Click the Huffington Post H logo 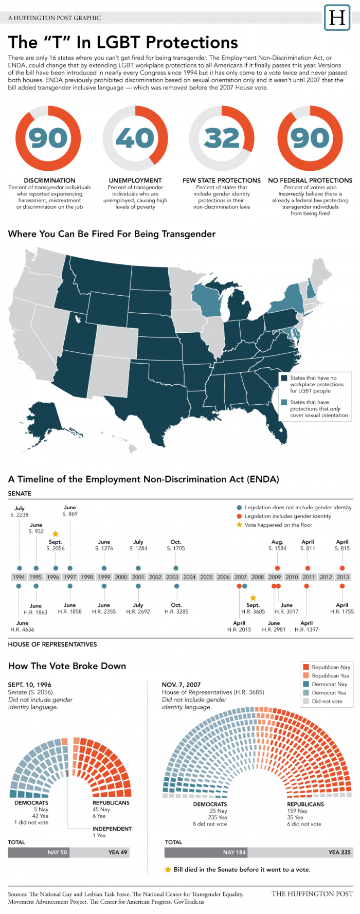click(337, 18)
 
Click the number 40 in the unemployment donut click(135, 138)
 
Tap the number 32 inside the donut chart click(222, 138)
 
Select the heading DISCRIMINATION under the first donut click(49, 181)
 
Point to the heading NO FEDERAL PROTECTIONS click(310, 181)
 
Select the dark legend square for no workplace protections click(284, 378)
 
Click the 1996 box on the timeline click(53, 577)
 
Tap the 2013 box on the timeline click(343, 577)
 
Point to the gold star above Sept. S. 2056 click(56, 534)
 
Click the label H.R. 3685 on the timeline click(253, 612)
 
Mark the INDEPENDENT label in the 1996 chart click(112, 829)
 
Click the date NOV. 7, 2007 click(181, 685)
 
